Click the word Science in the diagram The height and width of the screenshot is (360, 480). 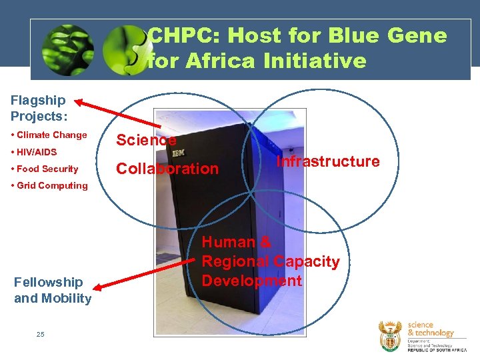[146, 140]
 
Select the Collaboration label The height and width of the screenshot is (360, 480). [167, 169]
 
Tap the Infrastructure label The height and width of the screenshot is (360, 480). [328, 162]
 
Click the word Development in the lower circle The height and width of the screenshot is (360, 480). [251, 281]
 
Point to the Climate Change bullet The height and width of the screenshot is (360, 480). [51, 135]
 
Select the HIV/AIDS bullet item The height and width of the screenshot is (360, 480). [37, 152]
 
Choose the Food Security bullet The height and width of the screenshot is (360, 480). [47, 169]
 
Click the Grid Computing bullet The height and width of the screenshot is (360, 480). [52, 186]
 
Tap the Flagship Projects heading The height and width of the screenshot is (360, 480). [39, 108]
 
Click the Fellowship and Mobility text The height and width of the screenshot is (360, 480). [53, 291]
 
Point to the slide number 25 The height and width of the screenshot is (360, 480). [41, 335]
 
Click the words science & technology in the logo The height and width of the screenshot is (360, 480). [430, 329]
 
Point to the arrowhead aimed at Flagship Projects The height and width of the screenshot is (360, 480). [79, 102]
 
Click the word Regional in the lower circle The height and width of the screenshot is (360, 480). [237, 262]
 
